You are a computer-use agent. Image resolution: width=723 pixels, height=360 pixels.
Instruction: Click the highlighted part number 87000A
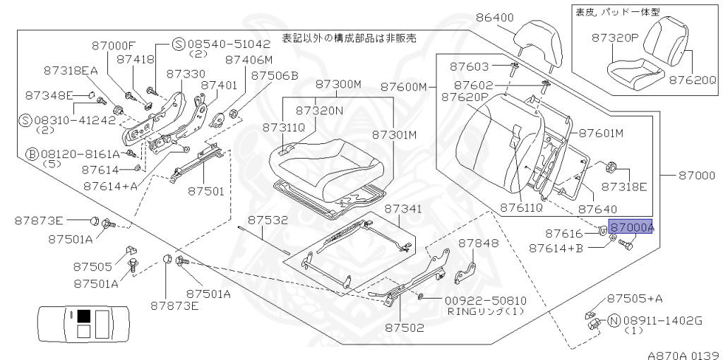(x=632, y=227)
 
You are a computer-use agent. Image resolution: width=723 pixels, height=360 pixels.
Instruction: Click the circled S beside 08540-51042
(x=179, y=43)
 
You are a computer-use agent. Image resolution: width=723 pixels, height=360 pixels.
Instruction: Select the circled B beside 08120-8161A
(x=32, y=153)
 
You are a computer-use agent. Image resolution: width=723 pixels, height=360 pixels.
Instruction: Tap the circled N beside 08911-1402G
(x=614, y=320)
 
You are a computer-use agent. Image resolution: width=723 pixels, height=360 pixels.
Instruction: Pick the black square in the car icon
(x=84, y=316)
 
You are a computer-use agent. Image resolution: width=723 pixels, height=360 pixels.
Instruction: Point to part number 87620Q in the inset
(x=692, y=80)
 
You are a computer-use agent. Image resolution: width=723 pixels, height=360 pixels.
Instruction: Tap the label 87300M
(x=338, y=85)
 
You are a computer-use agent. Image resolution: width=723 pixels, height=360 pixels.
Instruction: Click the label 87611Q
(x=521, y=208)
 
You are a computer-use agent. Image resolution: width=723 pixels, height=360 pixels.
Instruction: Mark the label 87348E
(x=49, y=95)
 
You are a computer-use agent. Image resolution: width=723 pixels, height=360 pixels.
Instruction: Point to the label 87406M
(x=249, y=60)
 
